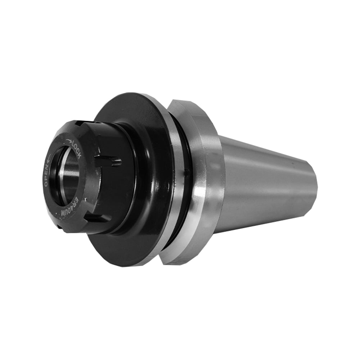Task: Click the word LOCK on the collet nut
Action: [76, 150]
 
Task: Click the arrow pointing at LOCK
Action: [68, 140]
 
